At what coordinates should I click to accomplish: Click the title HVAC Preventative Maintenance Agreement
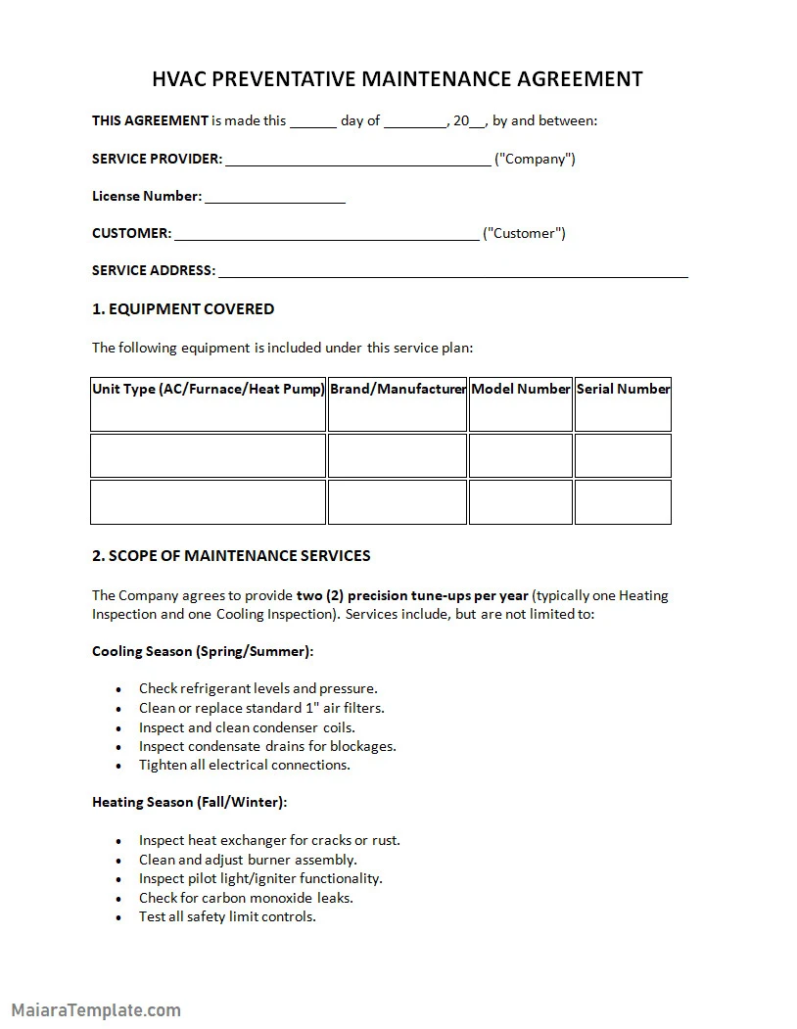pos(398,79)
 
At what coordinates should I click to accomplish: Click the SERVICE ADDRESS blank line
pos(452,273)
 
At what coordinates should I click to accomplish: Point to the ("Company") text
pos(535,159)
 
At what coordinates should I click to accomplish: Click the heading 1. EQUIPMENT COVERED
pos(183,309)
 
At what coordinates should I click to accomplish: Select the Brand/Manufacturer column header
pos(398,389)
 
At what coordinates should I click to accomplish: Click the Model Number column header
pos(520,389)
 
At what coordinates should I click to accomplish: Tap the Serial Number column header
pos(623,389)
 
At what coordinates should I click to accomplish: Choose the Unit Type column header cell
pos(208,389)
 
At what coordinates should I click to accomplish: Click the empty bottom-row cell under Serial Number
pos(623,502)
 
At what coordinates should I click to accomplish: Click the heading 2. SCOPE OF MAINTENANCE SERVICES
pos(231,556)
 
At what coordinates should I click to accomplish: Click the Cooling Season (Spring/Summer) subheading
pos(203,651)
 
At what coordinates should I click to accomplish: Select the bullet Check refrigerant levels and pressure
pos(258,688)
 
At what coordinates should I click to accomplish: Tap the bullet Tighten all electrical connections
pos(244,765)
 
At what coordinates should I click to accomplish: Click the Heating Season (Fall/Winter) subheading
pos(189,802)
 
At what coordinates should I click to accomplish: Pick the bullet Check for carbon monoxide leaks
pos(246,898)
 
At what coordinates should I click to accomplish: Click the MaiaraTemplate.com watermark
pos(96,1009)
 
